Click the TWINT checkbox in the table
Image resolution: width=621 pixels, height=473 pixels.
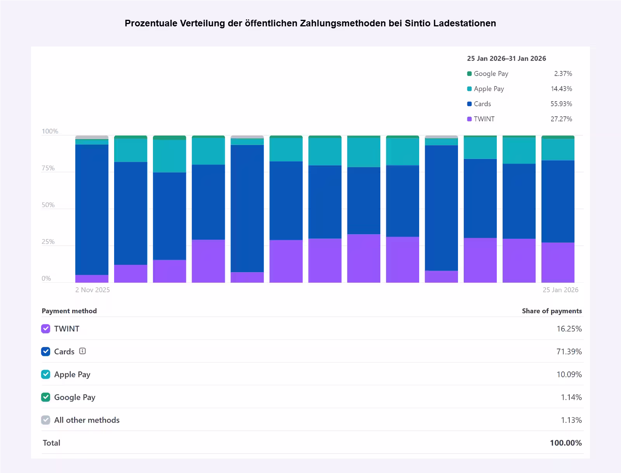pos(46,329)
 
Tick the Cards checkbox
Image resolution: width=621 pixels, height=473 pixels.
pos(46,352)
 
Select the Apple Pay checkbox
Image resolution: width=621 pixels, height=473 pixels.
pos(46,375)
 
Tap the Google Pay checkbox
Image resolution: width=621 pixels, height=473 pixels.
pos(46,397)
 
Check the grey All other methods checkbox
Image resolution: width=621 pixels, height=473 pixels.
pos(46,420)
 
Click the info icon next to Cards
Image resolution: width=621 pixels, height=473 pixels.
pos(82,351)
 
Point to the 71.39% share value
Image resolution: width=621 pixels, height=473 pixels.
pos(569,352)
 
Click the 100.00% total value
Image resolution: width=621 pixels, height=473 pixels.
pos(565,443)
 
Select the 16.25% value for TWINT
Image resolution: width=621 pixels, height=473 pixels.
pos(569,329)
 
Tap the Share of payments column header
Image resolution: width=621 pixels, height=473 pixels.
pos(552,311)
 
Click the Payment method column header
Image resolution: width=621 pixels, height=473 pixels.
pos(69,311)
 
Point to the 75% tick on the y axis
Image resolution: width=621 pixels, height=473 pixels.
pos(48,168)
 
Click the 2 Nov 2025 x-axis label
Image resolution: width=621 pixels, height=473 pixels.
pos(92,290)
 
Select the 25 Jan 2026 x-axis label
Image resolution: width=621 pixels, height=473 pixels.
pos(560,290)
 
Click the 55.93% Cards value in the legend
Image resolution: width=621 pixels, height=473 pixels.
pos(561,104)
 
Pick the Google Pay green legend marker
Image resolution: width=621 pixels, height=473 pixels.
pos(469,74)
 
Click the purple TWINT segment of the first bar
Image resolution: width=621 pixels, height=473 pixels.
pos(92,278)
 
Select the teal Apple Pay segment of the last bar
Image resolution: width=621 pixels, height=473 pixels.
pos(558,150)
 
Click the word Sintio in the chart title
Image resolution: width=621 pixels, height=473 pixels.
pos(417,23)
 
